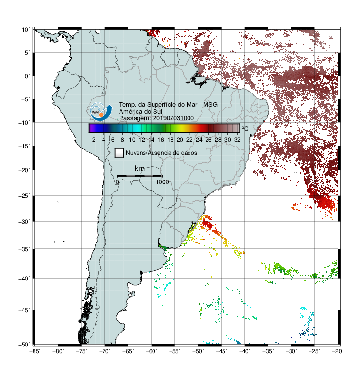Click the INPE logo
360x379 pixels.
101,112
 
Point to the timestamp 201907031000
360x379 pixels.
173,118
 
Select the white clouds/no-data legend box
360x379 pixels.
120,153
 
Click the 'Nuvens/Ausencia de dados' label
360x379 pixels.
161,153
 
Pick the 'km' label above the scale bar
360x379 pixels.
139,168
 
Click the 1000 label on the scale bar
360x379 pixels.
162,182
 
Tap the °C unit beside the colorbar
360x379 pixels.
245,128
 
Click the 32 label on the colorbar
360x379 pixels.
237,140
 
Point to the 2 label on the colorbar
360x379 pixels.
94,140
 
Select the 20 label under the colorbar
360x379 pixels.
180,140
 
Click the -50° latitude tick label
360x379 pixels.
24,344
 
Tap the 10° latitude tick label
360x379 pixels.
26,30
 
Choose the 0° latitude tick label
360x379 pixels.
27,76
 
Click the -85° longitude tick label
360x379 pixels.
35,351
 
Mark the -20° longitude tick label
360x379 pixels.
338,351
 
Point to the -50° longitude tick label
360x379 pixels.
198,351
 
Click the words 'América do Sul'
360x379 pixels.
140,112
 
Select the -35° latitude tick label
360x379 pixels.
24,249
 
